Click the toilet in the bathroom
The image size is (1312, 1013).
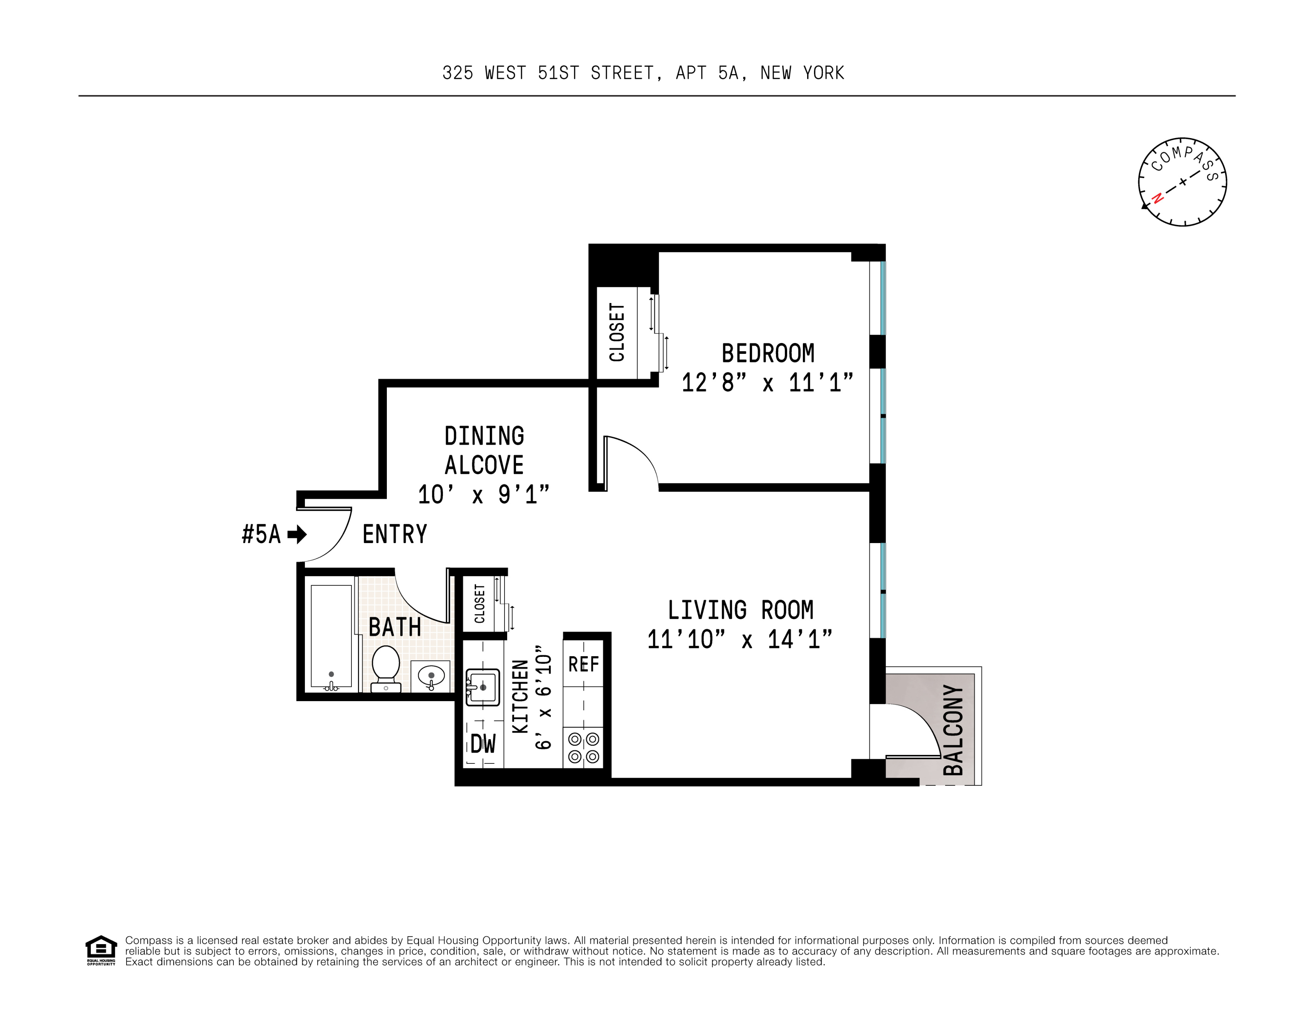386,666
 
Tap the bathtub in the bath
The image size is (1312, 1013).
331,636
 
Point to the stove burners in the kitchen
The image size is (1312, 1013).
583,747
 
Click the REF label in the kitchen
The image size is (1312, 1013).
583,664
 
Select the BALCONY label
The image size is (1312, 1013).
953,730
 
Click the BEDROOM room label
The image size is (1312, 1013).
768,353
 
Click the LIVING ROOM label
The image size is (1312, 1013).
741,610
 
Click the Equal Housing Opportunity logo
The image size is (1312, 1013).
101,949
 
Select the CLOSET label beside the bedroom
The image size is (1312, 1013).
617,332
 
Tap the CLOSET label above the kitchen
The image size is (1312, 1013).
480,604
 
